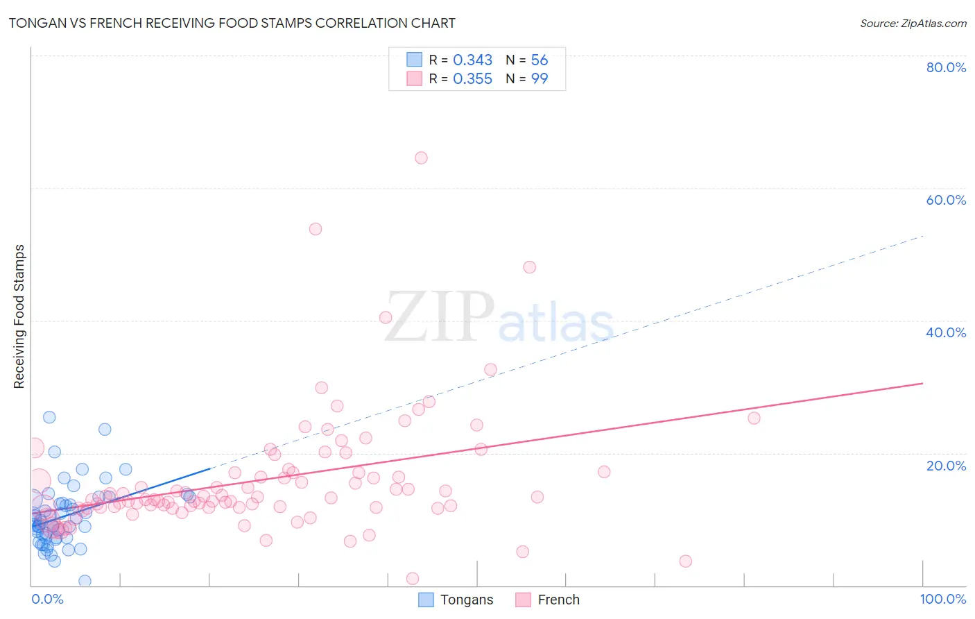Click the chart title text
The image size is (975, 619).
[x=232, y=23]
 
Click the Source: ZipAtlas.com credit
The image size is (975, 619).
[x=913, y=23]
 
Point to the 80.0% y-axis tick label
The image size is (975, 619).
[x=946, y=67]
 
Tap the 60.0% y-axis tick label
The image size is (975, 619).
[x=946, y=200]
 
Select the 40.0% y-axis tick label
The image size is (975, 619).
[x=946, y=332]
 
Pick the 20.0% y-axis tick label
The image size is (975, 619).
[x=946, y=465]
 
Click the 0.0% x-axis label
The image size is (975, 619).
[x=47, y=599]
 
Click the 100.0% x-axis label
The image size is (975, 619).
[x=942, y=599]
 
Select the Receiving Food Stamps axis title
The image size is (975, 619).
[x=19, y=316]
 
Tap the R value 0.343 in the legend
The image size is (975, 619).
[x=472, y=60]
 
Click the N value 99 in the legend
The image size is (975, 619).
[x=540, y=79]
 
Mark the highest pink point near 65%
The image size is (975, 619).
[x=421, y=158]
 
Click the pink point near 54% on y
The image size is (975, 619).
[x=316, y=229]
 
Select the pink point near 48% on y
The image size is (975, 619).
[x=530, y=267]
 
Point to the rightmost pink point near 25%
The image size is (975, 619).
[x=754, y=418]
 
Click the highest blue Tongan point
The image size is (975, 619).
[x=49, y=417]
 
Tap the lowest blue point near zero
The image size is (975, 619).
[x=85, y=581]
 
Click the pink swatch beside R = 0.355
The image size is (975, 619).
[x=414, y=78]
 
